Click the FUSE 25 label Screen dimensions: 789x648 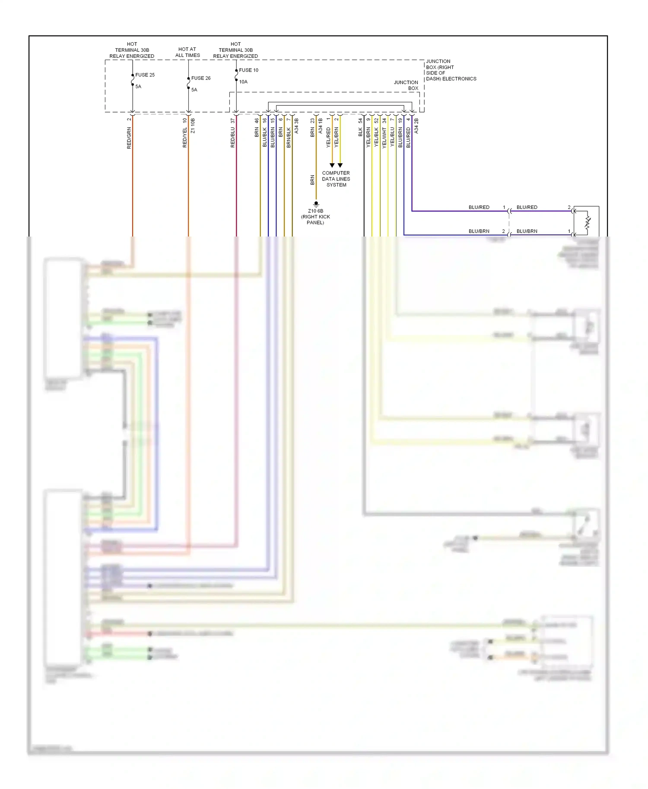point(145,75)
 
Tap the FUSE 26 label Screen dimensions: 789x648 point(201,78)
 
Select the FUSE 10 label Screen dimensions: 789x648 point(248,70)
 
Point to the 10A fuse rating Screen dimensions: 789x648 point(243,82)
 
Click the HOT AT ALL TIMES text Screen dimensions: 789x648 point(187,52)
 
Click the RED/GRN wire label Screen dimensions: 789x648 point(129,138)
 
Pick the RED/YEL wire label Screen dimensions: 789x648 point(185,137)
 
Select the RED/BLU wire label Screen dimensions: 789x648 point(233,137)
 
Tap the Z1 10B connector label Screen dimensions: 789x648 point(193,126)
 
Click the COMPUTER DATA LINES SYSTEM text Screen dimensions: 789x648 point(336,179)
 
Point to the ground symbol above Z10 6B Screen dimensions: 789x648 point(316,204)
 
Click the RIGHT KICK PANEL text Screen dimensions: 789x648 point(315,220)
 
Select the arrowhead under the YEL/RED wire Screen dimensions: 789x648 point(332,165)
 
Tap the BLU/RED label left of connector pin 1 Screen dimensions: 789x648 point(479,207)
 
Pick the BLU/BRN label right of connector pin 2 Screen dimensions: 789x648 point(527,231)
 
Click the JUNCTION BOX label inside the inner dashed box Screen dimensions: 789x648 point(406,85)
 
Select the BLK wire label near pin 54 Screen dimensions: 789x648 point(360,132)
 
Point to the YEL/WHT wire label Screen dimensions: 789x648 point(384,137)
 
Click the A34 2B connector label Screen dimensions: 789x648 point(416,126)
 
